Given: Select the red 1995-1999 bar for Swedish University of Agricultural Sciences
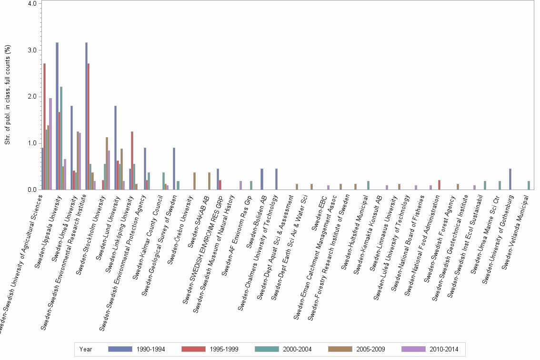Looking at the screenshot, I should [45, 126].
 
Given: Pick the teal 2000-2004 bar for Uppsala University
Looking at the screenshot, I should [61, 138].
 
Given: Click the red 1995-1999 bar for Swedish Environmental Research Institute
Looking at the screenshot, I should [89, 126].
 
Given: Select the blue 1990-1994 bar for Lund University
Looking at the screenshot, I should [116, 148].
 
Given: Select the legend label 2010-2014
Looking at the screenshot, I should [444, 350].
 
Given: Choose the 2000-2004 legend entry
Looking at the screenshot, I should [298, 350].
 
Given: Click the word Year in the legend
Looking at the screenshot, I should [86, 350].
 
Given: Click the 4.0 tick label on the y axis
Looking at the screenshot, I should [32, 4].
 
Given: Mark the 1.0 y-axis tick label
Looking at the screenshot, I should [32, 143].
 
